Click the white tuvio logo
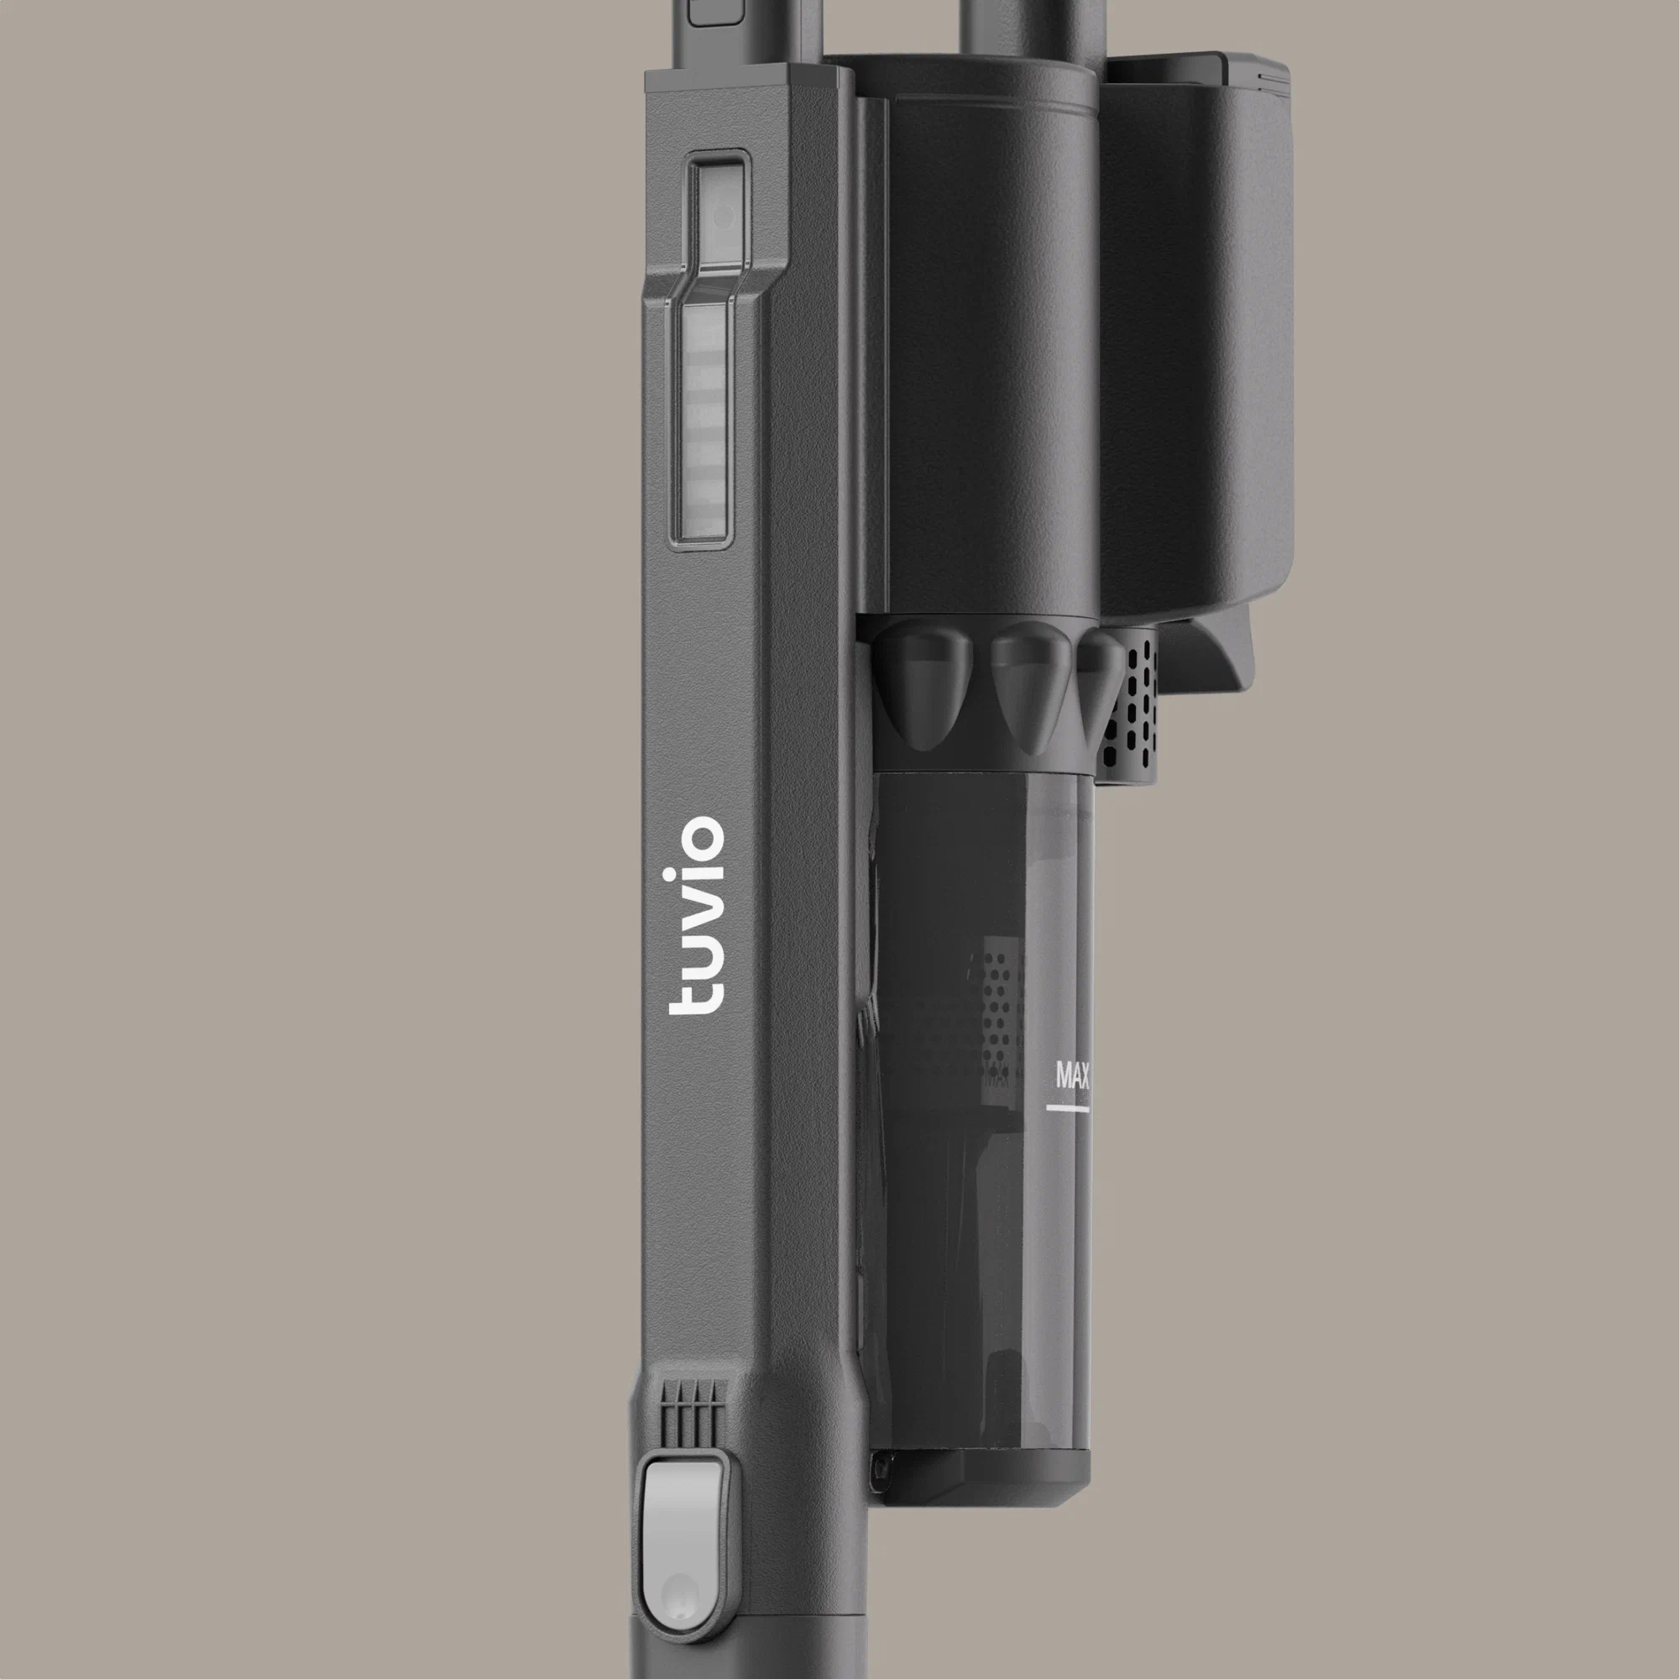click(x=695, y=915)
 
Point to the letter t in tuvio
click(x=695, y=996)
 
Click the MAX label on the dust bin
click(x=1072, y=1075)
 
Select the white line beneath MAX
click(x=1067, y=1108)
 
